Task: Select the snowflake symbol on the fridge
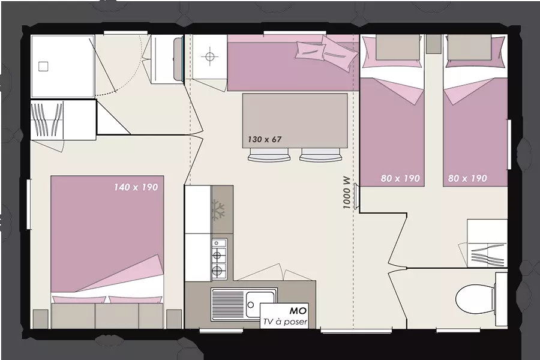tap(218, 209)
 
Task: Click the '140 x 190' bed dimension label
tap(136, 187)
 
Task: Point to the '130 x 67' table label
tap(265, 140)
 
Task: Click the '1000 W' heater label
tap(346, 193)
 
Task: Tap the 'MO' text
tap(298, 311)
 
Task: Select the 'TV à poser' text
tap(285, 322)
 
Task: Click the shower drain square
tap(43, 66)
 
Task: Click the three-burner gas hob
tap(218, 259)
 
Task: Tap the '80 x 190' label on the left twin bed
tap(400, 178)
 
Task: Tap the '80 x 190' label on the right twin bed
tap(467, 178)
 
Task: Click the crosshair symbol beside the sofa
tap(210, 56)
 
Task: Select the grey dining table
tap(295, 121)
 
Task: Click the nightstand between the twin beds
tap(434, 44)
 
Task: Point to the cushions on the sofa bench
tap(326, 52)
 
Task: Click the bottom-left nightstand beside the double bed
tap(41, 319)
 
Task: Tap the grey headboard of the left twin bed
tap(398, 47)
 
